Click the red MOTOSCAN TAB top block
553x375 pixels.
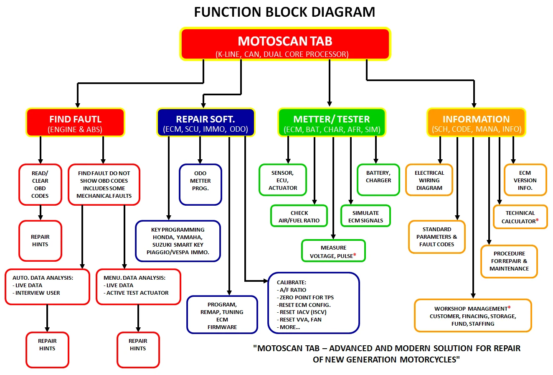point(285,44)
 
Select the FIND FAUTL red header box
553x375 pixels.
point(75,122)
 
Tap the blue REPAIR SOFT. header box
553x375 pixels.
point(205,122)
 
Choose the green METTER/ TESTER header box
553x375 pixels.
point(332,122)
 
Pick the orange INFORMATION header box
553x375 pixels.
point(476,122)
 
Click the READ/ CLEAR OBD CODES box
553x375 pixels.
point(40,184)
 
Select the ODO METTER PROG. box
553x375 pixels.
point(200,184)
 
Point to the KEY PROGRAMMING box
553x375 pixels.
point(178,241)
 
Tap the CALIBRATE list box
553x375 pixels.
point(313,303)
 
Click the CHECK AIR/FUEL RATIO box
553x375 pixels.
point(299,216)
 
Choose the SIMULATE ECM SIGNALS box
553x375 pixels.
point(365,216)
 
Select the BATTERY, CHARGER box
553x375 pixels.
point(378,180)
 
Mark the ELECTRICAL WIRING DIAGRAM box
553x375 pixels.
point(429,180)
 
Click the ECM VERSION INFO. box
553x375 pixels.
point(525,180)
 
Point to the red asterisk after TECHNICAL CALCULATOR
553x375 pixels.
point(537,220)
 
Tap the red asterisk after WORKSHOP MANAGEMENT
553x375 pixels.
point(509,308)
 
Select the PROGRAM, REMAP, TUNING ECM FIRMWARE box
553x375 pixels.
point(222,315)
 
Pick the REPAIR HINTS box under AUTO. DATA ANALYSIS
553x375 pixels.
point(47,349)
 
